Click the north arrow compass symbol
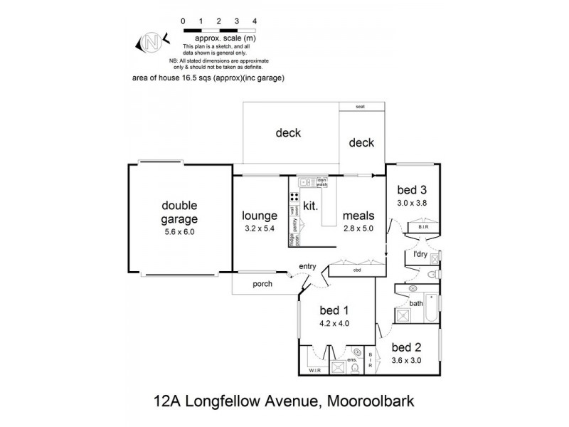tap(150, 43)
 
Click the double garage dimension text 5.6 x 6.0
tap(169, 231)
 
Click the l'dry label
tap(420, 254)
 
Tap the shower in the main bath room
tap(403, 313)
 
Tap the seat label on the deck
tap(362, 107)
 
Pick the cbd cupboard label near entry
tap(356, 270)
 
